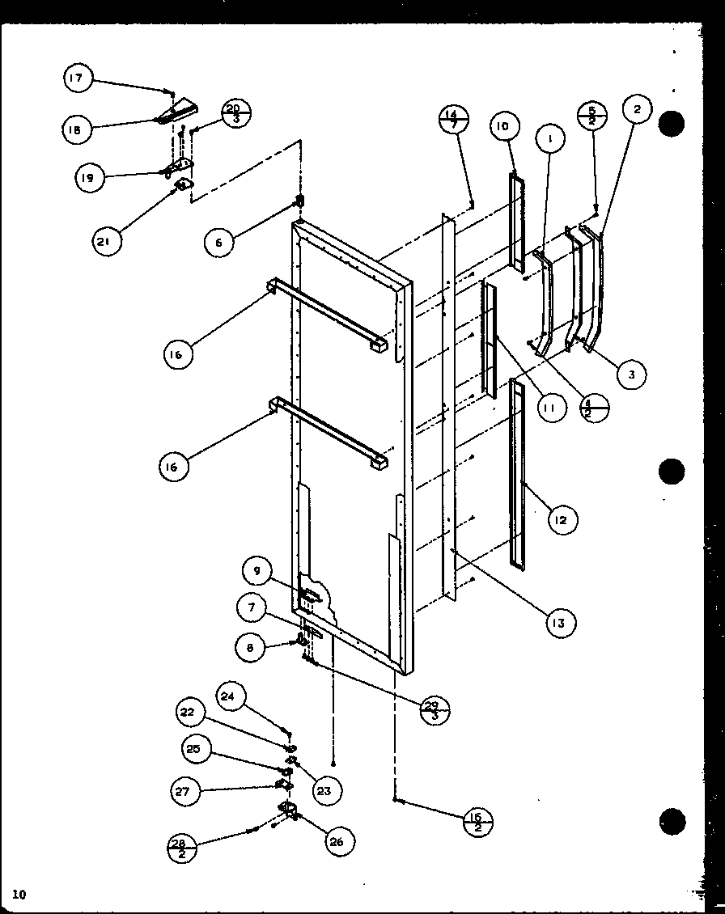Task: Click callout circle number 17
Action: pos(77,78)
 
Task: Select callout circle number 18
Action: pos(77,130)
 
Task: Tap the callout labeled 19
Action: pos(90,178)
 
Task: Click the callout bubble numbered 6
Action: pos(218,242)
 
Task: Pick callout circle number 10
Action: pos(502,127)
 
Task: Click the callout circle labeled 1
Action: pos(549,138)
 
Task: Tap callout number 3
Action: pos(631,374)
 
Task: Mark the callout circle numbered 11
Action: pos(549,408)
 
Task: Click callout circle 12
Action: pos(561,520)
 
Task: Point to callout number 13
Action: pos(560,623)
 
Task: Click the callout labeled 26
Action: pos(336,841)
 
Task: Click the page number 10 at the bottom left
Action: pos(19,894)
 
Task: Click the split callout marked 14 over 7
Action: pos(454,120)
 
